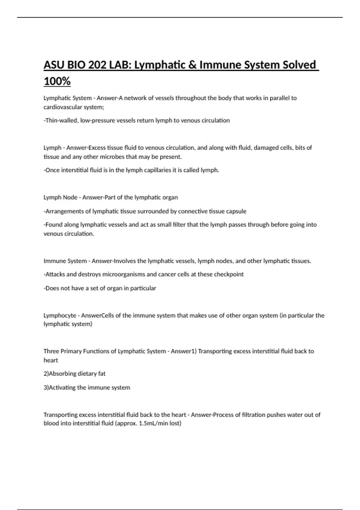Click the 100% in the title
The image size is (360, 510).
pyautogui.click(x=57, y=81)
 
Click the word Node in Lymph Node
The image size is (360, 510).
pyautogui.click(x=70, y=197)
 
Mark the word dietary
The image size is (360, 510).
pyautogui.click(x=87, y=374)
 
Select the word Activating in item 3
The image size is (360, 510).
pyautogui.click(x=62, y=388)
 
